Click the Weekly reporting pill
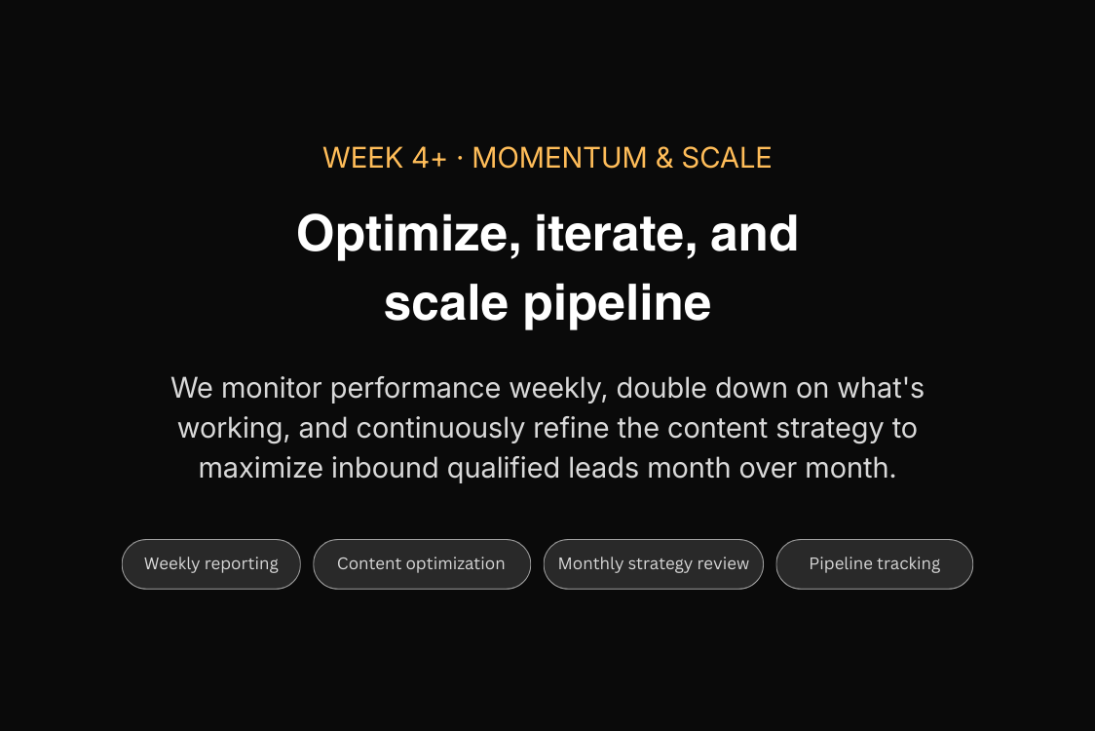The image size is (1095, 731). coord(210,564)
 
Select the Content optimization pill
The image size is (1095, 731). coord(422,564)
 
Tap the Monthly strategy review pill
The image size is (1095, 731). coord(654,564)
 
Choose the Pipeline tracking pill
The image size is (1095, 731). coord(874,564)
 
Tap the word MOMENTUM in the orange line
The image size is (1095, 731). coord(559,158)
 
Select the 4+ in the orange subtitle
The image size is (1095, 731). coord(430,158)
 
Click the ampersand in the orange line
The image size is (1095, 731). coord(664,158)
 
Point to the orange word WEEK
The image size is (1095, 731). coord(363,158)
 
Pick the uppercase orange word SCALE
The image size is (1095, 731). coord(727,158)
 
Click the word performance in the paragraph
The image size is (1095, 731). coord(416,389)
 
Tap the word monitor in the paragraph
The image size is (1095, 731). coord(272,388)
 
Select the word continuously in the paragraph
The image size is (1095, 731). coord(440,429)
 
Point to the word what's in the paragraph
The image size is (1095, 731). coord(881,388)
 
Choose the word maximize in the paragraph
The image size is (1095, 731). coord(260,468)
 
